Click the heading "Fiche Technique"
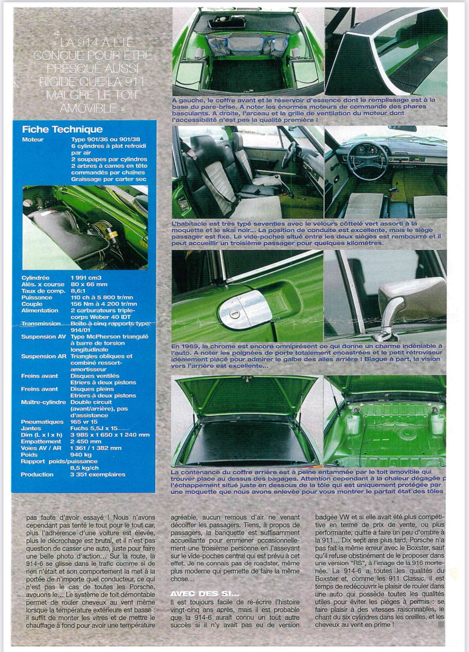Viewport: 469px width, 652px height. [x=62, y=130]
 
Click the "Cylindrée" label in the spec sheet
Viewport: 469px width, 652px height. [x=36, y=277]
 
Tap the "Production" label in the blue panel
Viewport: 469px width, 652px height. [x=37, y=474]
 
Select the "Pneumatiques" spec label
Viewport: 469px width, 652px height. [x=42, y=422]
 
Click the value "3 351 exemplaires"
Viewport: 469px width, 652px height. [x=98, y=474]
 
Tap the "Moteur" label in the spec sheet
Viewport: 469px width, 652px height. [x=33, y=139]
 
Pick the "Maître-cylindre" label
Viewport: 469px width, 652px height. [x=44, y=402]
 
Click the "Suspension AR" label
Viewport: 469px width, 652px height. [x=42, y=356]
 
